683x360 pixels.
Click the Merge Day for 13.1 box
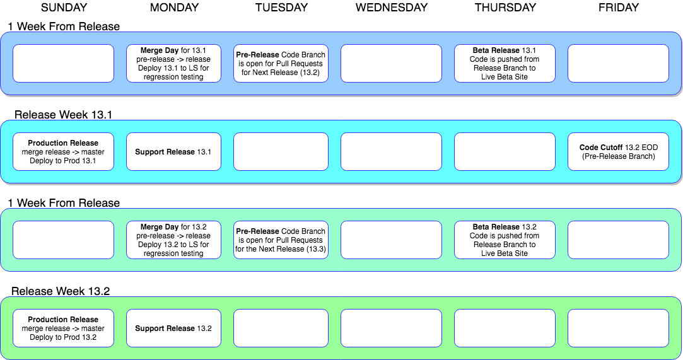(173, 63)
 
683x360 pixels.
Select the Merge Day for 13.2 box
(173, 240)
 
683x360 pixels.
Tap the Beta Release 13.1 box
(505, 63)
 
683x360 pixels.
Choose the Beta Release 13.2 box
(505, 240)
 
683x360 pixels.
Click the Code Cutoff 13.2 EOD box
(618, 151)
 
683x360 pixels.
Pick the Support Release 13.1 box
(173, 151)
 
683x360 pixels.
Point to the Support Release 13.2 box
(173, 328)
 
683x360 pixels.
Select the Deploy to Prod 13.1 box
(63, 151)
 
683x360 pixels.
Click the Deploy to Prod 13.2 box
(63, 328)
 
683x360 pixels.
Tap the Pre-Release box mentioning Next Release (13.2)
(281, 63)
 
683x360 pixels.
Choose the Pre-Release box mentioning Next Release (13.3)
(281, 240)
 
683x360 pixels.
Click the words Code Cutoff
(601, 148)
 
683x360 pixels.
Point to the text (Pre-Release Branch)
(618, 156)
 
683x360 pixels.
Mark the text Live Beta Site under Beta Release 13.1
(505, 77)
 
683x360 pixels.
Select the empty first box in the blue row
(63, 63)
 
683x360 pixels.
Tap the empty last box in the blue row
(618, 63)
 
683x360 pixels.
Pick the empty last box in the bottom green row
(618, 328)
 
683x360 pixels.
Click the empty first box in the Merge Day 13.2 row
(63, 240)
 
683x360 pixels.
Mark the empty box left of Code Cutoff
(505, 151)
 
